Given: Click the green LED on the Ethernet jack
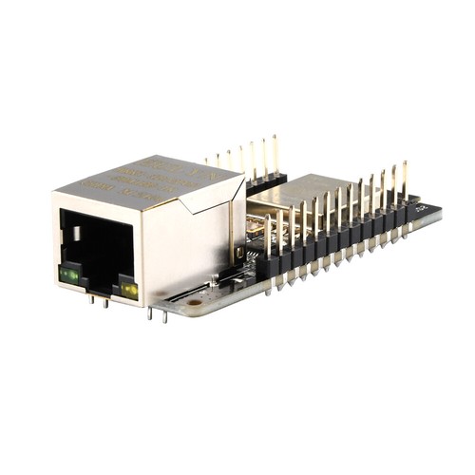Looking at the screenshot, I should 69,275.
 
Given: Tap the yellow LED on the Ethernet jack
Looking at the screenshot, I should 128,289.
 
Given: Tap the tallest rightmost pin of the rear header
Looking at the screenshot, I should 275,152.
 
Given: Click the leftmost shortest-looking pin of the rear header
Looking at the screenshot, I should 206,162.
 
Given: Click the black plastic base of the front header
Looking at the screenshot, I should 342,237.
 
